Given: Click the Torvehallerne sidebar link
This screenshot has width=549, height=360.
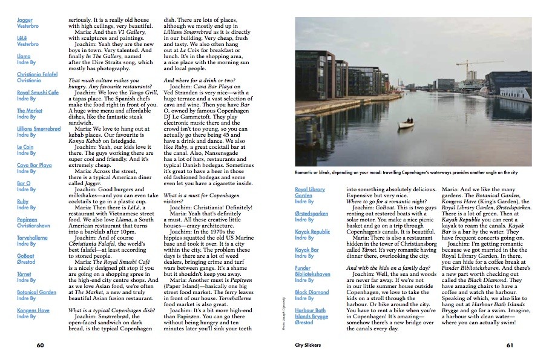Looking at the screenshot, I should pos(33,238).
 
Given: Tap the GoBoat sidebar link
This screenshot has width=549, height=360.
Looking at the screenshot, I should pos(25,256).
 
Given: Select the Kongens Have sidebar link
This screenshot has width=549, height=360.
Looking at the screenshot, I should pos(33,310).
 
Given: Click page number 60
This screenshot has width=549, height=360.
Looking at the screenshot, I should pos(41,345).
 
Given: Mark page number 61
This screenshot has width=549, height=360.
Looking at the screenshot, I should pos(510,345).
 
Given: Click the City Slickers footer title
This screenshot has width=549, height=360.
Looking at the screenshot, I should pos(307,345).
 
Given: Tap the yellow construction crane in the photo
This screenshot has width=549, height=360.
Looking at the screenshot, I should pos(470,64).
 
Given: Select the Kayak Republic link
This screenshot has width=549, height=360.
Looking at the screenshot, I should pos(312,231).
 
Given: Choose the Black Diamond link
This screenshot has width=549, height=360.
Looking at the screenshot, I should pos(312,292).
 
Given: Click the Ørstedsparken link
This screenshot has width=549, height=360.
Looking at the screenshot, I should pos(312,213).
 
